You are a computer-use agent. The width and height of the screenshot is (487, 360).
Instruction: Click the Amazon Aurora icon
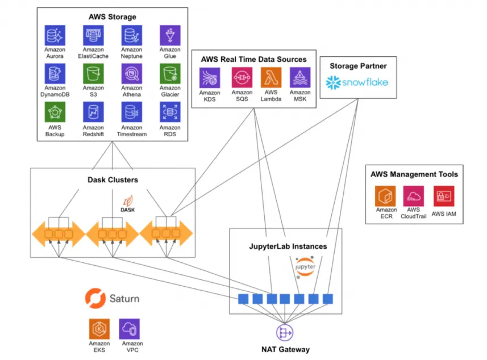click(x=55, y=35)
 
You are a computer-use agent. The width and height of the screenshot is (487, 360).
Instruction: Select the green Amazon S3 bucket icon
click(x=93, y=74)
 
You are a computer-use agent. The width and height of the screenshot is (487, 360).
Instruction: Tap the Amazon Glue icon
click(x=170, y=35)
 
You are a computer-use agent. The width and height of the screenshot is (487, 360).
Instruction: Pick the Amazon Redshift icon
click(x=93, y=112)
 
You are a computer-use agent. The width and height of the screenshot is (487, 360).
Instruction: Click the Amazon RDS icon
click(x=170, y=112)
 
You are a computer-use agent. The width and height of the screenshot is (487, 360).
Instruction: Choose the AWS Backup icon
click(x=55, y=112)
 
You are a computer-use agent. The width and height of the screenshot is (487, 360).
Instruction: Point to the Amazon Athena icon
click(x=132, y=74)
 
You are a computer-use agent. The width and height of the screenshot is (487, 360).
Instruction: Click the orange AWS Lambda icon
click(x=271, y=78)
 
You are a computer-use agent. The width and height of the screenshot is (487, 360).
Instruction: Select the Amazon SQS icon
click(x=242, y=78)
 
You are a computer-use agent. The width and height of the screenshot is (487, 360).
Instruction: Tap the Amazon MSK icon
click(x=300, y=78)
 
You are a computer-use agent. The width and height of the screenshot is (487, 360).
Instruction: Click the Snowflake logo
click(x=357, y=83)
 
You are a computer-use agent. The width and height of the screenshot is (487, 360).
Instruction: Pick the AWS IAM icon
click(x=443, y=196)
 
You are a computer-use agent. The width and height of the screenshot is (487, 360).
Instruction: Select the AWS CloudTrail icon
click(x=413, y=196)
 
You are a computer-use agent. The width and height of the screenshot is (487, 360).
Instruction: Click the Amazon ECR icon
click(x=385, y=196)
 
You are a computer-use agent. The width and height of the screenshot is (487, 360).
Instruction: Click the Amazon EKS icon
click(x=99, y=329)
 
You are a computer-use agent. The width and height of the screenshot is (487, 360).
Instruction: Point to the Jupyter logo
click(x=305, y=267)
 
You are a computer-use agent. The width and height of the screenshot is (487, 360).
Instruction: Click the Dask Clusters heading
click(x=113, y=180)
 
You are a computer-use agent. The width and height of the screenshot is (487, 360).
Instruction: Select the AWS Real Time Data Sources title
click(x=253, y=59)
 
